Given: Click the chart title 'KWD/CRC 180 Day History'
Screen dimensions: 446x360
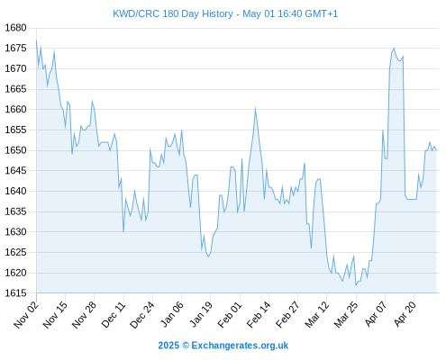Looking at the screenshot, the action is (x=173, y=13).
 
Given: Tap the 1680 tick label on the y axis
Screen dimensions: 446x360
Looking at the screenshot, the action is (x=15, y=28).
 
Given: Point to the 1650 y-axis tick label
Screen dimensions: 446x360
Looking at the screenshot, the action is (x=15, y=150).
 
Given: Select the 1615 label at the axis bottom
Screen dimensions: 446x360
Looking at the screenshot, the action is (x=15, y=293).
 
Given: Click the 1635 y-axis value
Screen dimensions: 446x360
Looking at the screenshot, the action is (x=15, y=211).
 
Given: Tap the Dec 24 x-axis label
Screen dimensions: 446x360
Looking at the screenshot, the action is (x=142, y=314).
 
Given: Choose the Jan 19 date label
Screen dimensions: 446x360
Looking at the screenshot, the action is (x=201, y=314).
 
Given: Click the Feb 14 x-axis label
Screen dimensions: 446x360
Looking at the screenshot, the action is (x=259, y=314).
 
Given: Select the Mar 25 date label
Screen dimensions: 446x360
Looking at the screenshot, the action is (x=346, y=314).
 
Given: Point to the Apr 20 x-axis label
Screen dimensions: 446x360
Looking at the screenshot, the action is (x=405, y=314).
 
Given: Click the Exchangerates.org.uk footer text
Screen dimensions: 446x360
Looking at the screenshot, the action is (x=240, y=346).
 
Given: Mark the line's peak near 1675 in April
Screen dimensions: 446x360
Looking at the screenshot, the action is (x=394, y=48).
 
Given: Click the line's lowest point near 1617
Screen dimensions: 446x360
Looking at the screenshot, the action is (x=356, y=285).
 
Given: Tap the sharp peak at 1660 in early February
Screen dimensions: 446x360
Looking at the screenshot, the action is (x=255, y=108).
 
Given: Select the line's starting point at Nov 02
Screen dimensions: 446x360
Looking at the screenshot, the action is (x=36, y=40).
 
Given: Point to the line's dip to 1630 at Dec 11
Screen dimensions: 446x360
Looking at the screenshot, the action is (x=123, y=231).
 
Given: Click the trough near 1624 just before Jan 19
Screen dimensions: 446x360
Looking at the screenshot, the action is (x=208, y=256).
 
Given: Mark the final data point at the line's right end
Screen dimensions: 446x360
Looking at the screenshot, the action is (x=436, y=150).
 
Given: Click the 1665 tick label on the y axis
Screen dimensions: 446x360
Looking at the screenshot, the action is (x=15, y=89).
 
